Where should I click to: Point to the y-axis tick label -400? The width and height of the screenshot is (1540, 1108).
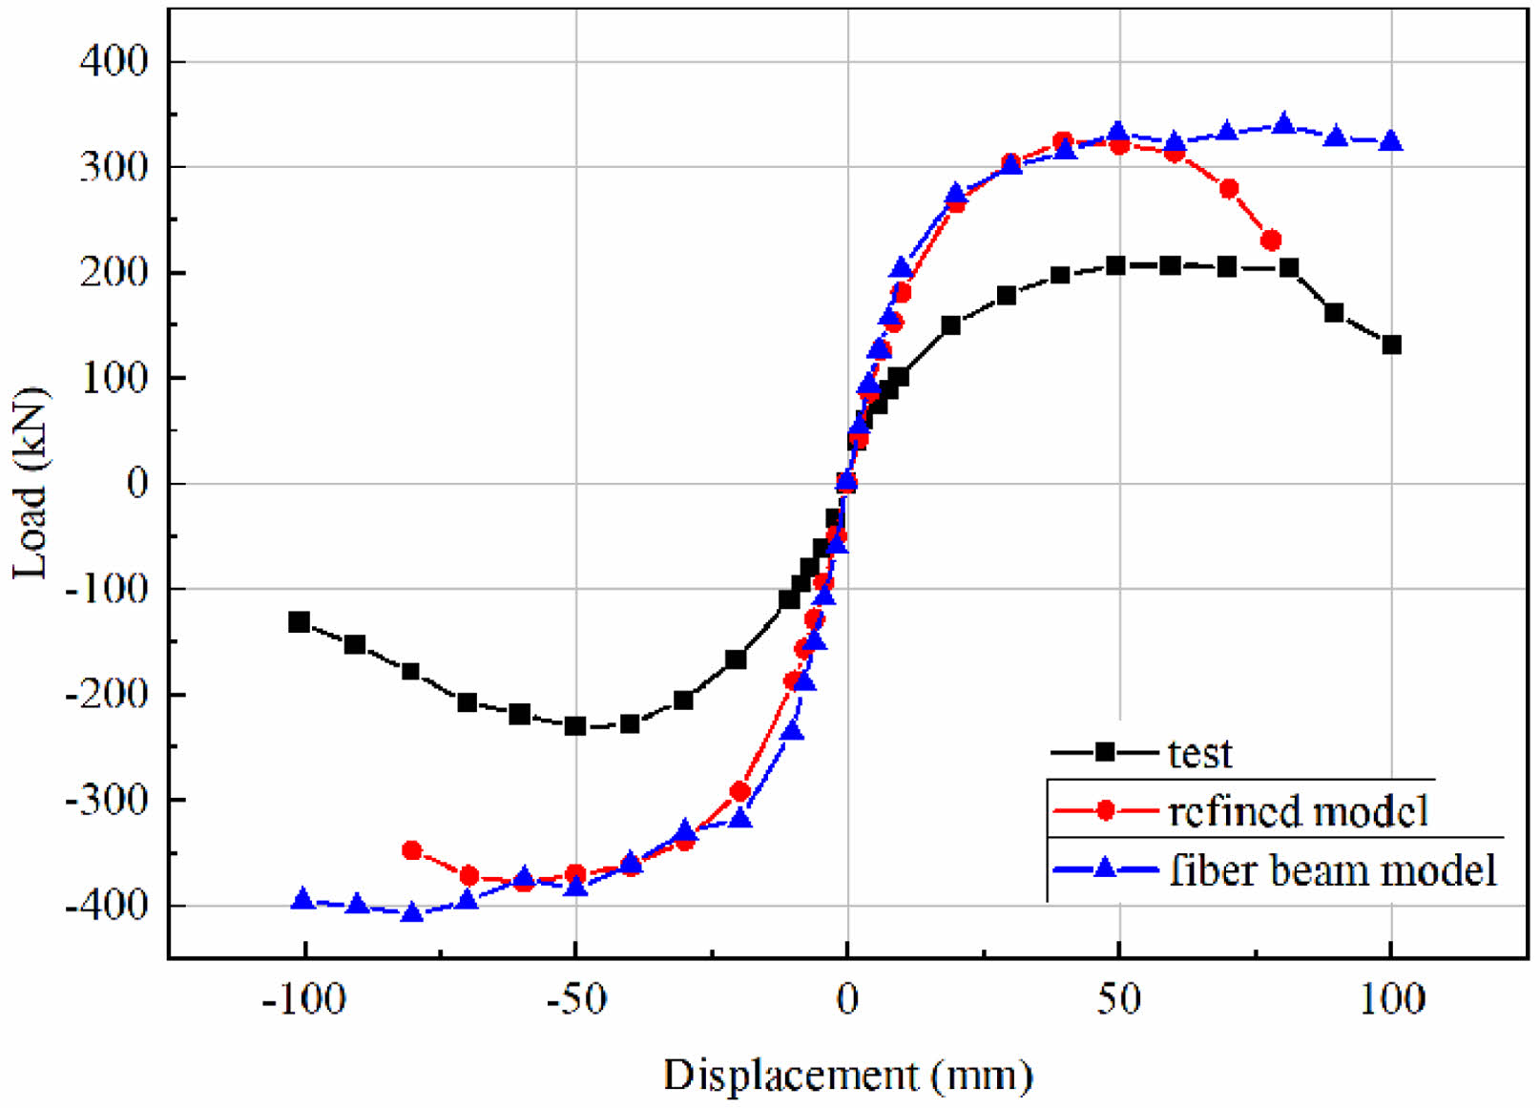(107, 905)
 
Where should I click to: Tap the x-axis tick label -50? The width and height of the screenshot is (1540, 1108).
(575, 999)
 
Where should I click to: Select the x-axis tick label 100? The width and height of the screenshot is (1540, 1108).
(1391, 999)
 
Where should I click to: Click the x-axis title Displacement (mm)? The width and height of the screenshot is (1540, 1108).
(847, 1075)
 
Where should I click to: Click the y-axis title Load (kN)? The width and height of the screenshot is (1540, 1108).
(30, 483)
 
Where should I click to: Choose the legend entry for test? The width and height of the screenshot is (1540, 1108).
(1199, 754)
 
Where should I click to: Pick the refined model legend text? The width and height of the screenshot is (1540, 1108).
(1298, 811)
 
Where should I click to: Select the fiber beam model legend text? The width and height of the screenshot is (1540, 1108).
(1333, 870)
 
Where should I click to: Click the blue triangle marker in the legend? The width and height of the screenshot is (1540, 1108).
(1105, 868)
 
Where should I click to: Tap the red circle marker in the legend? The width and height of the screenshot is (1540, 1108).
(1105, 811)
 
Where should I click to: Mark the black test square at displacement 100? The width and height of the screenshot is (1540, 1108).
(1391, 345)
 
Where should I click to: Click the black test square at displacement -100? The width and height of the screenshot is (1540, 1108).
(299, 622)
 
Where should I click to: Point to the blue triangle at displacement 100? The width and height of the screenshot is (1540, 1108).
(1391, 141)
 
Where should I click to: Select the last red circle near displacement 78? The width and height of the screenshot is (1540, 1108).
(1270, 240)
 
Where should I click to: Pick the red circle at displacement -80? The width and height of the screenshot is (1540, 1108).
(412, 850)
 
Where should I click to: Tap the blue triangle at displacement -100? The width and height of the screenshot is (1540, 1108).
(303, 899)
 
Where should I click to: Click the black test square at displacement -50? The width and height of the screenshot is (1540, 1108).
(575, 726)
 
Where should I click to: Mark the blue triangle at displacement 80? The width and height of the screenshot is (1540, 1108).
(1283, 124)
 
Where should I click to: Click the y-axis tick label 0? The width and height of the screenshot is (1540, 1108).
(138, 484)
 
